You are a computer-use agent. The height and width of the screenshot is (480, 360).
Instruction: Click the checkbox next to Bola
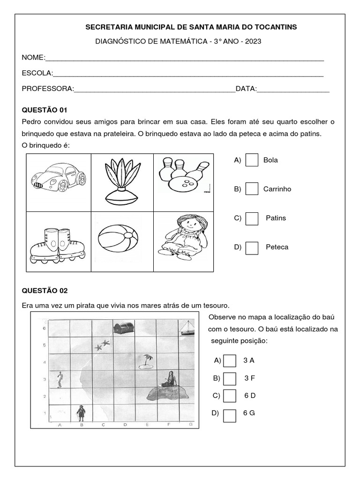click(x=252, y=160)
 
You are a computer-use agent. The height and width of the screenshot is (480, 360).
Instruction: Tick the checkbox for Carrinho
click(x=252, y=189)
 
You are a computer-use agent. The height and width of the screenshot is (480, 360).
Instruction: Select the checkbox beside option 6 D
click(x=230, y=396)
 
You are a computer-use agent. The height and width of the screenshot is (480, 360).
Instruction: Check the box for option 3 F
click(x=230, y=378)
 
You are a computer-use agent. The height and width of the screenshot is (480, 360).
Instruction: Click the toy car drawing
click(x=58, y=179)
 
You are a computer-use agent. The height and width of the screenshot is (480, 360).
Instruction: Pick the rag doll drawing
click(x=183, y=237)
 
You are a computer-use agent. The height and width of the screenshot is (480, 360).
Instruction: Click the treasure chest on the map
click(x=124, y=328)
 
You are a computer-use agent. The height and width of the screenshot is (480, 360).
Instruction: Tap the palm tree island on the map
click(x=148, y=360)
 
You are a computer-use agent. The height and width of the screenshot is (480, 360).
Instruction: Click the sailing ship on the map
click(x=187, y=328)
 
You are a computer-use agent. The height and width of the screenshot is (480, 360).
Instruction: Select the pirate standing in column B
click(x=81, y=412)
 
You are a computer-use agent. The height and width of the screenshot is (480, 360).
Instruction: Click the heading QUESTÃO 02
click(x=45, y=291)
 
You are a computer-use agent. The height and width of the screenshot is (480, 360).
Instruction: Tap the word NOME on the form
click(x=32, y=58)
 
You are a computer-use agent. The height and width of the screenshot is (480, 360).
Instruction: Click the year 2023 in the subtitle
click(x=252, y=41)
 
